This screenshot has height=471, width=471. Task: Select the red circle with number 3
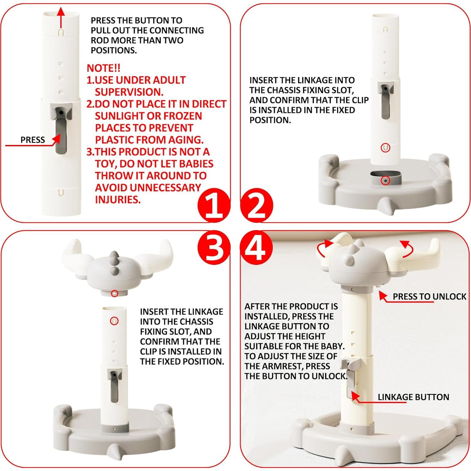point(214,248)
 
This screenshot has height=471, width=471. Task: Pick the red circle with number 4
point(257,248)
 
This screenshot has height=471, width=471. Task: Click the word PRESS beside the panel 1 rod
point(33,140)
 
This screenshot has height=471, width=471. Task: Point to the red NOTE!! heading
point(103,68)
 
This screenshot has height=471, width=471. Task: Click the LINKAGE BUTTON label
point(413,397)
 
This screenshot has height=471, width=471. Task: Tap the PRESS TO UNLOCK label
point(429,297)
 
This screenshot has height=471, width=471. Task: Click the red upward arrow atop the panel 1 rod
point(61,18)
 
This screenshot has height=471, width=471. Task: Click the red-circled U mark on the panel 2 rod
point(385,148)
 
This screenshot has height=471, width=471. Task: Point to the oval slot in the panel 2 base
point(386,178)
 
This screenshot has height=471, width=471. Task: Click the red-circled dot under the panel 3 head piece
point(114,293)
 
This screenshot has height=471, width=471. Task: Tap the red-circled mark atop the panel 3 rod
point(114,321)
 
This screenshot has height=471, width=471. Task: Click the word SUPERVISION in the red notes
point(129,92)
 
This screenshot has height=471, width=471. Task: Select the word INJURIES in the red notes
point(118,200)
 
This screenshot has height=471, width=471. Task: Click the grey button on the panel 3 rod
point(114,386)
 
